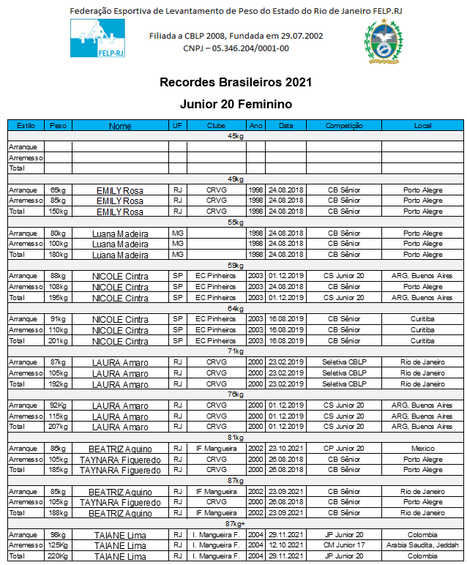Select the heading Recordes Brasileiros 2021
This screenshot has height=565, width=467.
tap(236, 82)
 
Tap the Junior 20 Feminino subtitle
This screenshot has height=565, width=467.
tap(236, 105)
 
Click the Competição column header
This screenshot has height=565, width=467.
tap(343, 126)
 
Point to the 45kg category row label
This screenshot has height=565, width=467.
tap(236, 136)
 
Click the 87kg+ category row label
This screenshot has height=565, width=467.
tap(236, 523)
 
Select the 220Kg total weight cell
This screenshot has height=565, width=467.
tap(58, 556)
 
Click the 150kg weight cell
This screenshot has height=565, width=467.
tap(58, 212)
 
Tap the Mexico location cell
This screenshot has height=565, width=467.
tap(422, 448)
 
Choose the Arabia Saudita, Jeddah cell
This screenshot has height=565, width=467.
tap(422, 545)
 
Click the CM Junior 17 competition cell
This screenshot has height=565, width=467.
tap(343, 545)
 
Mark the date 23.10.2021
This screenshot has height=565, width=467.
tap(285, 448)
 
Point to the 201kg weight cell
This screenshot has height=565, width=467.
tap(58, 340)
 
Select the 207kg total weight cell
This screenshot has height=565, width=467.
tap(58, 427)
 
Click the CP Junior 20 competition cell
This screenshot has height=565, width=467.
tap(343, 448)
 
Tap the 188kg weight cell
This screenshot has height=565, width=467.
tap(58, 513)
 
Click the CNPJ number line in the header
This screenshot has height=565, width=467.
tap(236, 48)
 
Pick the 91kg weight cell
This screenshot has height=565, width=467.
tap(58, 319)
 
